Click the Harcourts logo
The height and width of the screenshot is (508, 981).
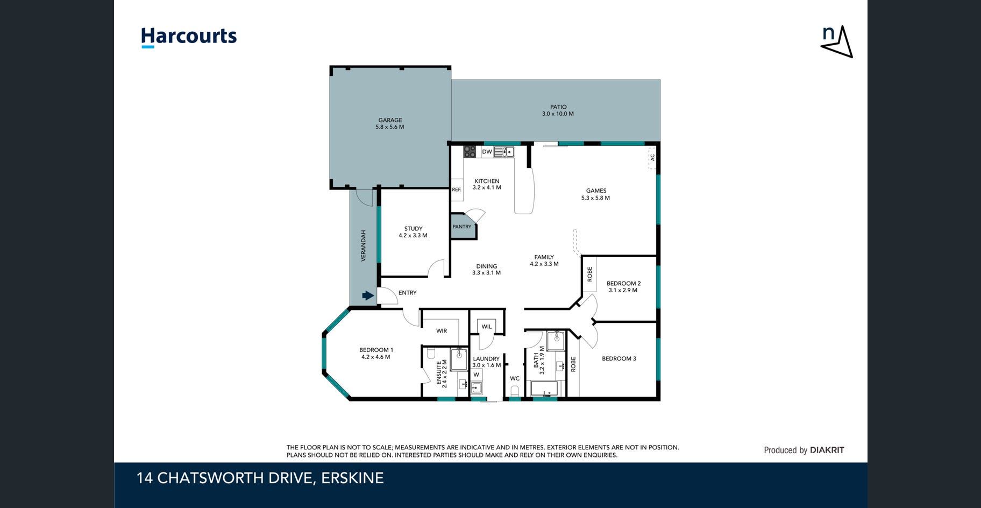click(189, 37)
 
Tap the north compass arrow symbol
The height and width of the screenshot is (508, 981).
click(837, 41)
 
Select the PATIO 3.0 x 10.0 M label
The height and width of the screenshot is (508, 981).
click(558, 110)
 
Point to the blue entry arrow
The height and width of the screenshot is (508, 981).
click(368, 295)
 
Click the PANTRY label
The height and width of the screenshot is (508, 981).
click(462, 227)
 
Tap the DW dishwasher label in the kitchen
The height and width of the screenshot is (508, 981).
click(487, 152)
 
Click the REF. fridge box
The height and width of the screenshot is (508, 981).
click(457, 189)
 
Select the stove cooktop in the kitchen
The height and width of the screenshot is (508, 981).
click(470, 151)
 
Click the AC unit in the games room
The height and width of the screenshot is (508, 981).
click(652, 158)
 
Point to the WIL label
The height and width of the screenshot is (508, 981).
click(487, 327)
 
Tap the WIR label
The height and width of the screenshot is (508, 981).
click(442, 331)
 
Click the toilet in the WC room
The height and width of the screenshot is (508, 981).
click(515, 390)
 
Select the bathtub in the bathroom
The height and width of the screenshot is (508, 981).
click(545, 389)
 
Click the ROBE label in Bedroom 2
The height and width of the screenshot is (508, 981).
click(590, 274)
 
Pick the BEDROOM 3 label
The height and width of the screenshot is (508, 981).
click(619, 358)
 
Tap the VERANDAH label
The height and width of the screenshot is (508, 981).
click(363, 246)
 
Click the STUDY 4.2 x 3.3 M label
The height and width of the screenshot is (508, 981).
click(413, 232)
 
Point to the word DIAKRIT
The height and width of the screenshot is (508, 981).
click(827, 450)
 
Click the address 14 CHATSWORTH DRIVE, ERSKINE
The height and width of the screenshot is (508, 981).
click(260, 478)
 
